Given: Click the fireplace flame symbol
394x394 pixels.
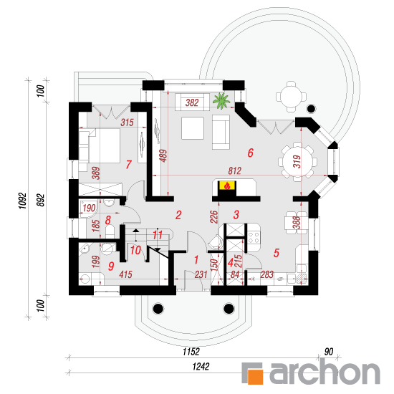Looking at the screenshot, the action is [x=227, y=186].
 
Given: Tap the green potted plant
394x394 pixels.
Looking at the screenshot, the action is [x=221, y=101].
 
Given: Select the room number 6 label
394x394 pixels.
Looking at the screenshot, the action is [x=251, y=153].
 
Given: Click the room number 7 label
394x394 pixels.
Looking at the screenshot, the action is [x=129, y=165].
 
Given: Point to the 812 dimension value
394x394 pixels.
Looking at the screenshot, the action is [x=235, y=171].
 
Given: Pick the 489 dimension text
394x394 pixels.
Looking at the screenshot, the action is [x=163, y=155].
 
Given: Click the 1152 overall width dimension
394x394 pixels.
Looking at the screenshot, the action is [x=191, y=352].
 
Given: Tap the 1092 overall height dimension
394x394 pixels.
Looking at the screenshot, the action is [x=22, y=201].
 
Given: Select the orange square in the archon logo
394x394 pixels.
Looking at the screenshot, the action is [x=255, y=376].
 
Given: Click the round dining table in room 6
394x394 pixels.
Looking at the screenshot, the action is [x=297, y=162].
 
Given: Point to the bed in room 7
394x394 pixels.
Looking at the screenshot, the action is [x=100, y=145].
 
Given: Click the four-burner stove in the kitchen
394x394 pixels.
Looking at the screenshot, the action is [x=254, y=238].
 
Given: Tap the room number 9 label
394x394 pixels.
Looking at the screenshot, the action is [x=111, y=266].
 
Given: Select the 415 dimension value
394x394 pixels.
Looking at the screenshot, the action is [x=125, y=274].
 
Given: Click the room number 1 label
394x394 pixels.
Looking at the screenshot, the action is [x=196, y=260].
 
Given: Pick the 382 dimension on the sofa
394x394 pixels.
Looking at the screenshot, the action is [x=192, y=102].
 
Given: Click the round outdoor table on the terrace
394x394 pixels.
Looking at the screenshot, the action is [x=292, y=97].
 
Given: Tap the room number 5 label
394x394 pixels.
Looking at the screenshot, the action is [x=277, y=253].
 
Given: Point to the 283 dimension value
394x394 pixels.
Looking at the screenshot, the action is [x=266, y=274].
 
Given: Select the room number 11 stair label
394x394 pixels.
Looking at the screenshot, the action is [x=158, y=235].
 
